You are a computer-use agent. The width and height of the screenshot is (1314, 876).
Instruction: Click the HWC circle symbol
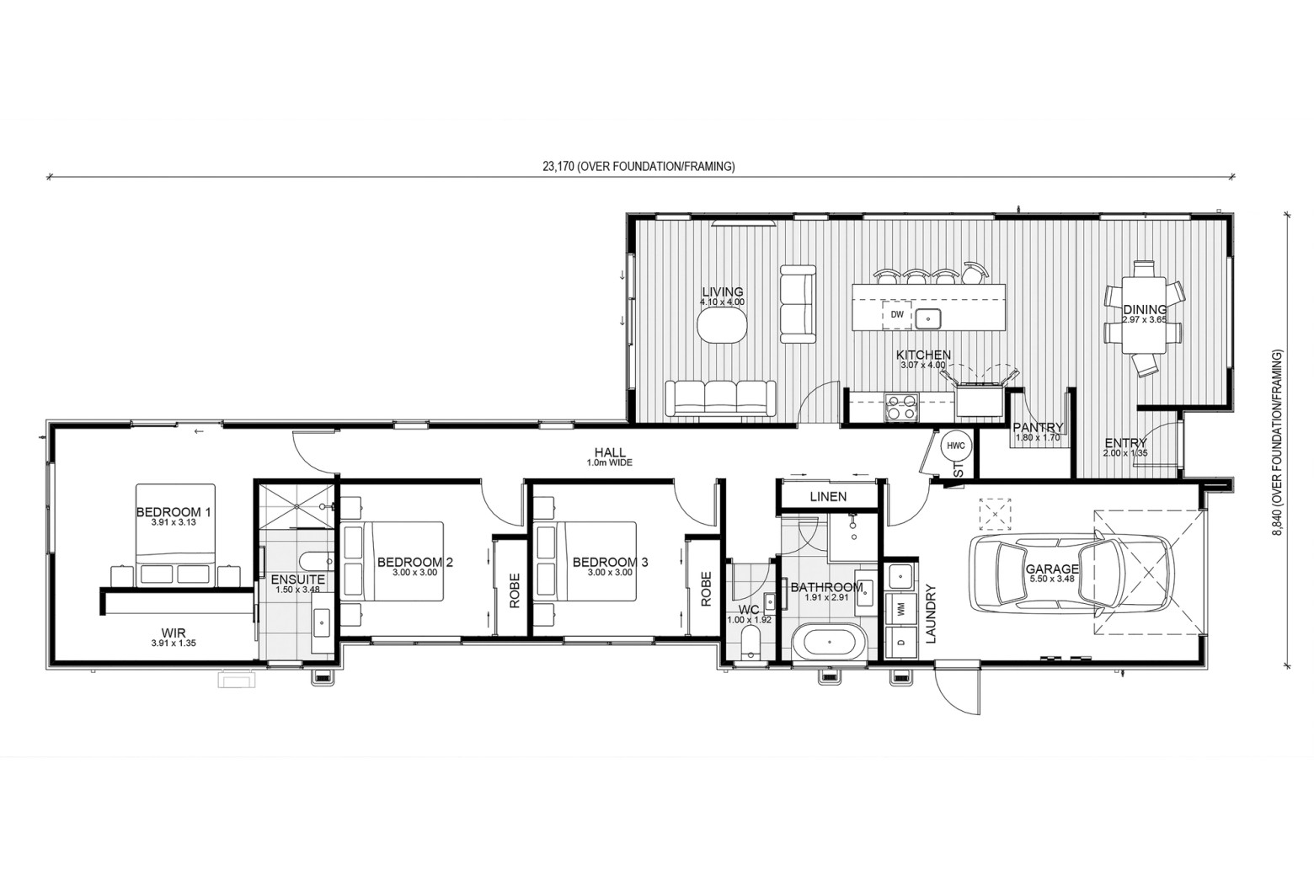click(956, 446)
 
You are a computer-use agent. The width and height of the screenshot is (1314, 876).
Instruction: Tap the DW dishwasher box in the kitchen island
click(897, 314)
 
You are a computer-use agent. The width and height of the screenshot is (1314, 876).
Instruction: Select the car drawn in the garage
click(1071, 574)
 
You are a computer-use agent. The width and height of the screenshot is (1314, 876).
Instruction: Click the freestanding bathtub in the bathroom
click(828, 642)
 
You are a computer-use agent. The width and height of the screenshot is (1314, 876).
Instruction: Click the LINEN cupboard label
click(828, 496)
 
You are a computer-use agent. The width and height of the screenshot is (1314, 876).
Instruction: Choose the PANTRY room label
click(1039, 427)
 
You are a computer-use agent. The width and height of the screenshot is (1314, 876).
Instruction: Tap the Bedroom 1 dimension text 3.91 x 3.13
click(174, 522)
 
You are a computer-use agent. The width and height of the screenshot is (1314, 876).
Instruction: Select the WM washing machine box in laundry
click(901, 609)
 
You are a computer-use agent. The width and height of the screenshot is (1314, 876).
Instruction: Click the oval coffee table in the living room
click(722, 324)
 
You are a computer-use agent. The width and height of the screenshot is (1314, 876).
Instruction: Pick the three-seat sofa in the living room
click(720, 399)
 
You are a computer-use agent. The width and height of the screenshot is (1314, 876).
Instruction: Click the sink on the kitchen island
click(928, 318)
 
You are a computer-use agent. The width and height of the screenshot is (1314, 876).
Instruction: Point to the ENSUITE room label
click(298, 580)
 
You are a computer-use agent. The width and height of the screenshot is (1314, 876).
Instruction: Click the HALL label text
click(610, 452)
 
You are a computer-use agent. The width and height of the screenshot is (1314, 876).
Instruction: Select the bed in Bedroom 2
click(392, 562)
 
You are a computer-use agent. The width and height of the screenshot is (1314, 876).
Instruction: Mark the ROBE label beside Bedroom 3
click(706, 589)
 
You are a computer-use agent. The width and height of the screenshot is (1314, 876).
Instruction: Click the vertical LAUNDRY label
click(931, 613)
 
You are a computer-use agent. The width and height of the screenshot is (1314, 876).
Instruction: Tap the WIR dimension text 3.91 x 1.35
click(174, 643)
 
